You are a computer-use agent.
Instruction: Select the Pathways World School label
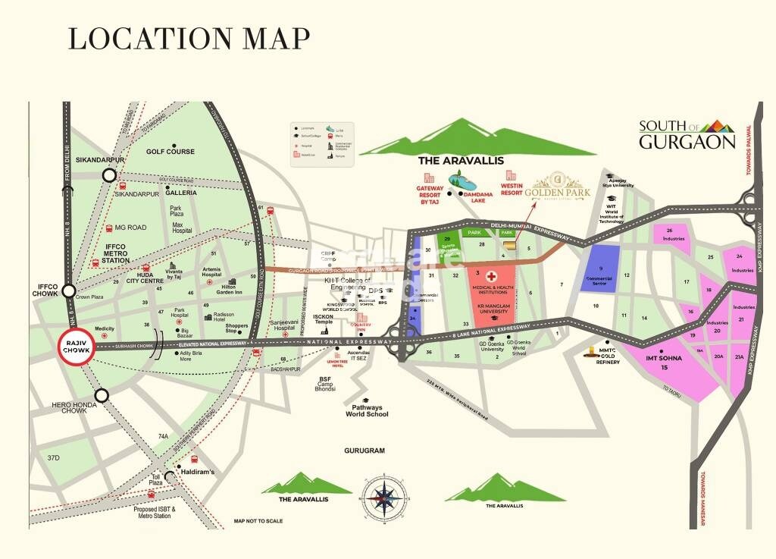pyautogui.click(x=367, y=410)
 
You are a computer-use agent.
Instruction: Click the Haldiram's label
pyautogui.click(x=197, y=472)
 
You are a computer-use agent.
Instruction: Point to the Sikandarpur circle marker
pyautogui.click(x=109, y=175)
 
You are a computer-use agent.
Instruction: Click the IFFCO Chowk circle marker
pyautogui.click(x=69, y=290)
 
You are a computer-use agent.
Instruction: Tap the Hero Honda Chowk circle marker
pyautogui.click(x=102, y=394)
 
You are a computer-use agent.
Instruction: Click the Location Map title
pyautogui.click(x=189, y=38)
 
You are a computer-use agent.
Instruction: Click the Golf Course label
pyautogui.click(x=171, y=152)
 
